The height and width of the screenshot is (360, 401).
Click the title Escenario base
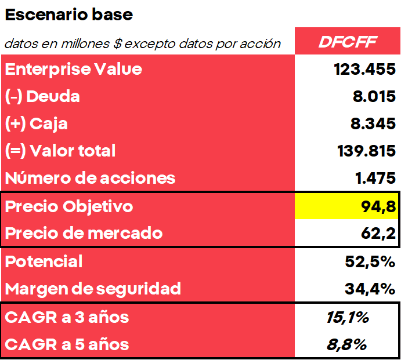pyautogui.click(x=69, y=15)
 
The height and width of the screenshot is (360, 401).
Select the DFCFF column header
pyautogui.click(x=348, y=42)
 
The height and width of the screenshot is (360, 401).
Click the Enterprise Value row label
pyautogui.click(x=74, y=69)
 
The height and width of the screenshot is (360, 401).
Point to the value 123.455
pyautogui.click(x=364, y=70)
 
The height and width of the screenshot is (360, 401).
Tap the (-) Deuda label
pyautogui.click(x=42, y=96)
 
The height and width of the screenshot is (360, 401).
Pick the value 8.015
pyautogui.click(x=374, y=96)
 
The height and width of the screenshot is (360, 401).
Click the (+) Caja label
pyautogui.click(x=37, y=123)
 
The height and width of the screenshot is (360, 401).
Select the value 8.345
pyautogui.click(x=374, y=123)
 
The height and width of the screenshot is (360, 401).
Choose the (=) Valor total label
pyautogui.click(x=60, y=151)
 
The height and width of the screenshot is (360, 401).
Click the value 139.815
pyautogui.click(x=366, y=151)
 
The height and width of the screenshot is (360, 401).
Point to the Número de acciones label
pyautogui.click(x=90, y=178)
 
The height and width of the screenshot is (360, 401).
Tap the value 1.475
pyautogui.click(x=374, y=178)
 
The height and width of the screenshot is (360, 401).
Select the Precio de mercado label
pyautogui.click(x=84, y=234)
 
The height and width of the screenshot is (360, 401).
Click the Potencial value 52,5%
pyautogui.click(x=370, y=261)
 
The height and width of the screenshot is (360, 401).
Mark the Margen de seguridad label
pyautogui.click(x=93, y=288)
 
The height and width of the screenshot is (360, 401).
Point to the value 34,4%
pyautogui.click(x=370, y=288)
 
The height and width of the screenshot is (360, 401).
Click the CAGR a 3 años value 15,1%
pyautogui.click(x=348, y=317)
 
